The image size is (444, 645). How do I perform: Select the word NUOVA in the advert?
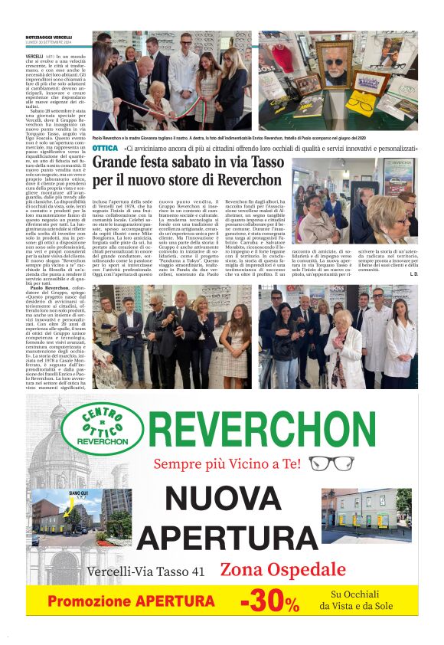coord(224,499)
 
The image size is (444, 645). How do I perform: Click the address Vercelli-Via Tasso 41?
coord(146,571)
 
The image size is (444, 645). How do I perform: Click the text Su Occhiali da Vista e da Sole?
coord(360,600)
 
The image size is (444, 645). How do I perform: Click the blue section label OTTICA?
coord(104,147)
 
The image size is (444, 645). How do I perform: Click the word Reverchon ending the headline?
coord(252,181)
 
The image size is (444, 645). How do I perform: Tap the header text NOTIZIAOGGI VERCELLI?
coord(48,38)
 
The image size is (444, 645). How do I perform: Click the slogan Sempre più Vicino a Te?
coord(228,463)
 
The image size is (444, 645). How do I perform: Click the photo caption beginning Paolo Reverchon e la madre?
coord(191,139)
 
